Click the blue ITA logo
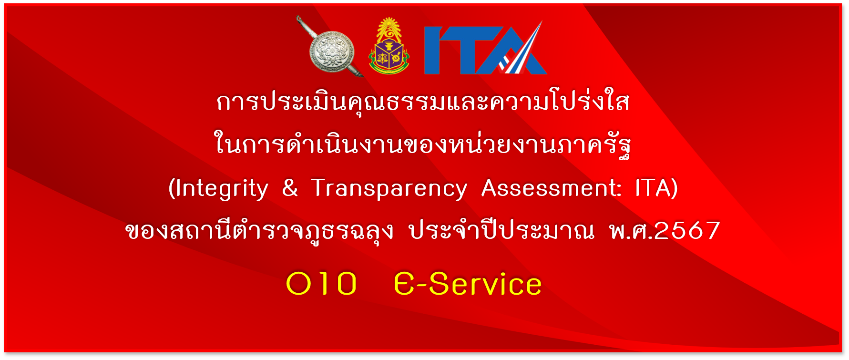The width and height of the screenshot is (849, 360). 485,48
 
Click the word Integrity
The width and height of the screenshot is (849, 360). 222,189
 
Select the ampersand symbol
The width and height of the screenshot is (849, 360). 290,187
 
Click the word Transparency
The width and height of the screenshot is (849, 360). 389,189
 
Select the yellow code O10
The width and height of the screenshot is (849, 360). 321,284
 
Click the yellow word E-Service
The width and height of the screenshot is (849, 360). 468,284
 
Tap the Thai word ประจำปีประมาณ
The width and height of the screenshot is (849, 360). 502,230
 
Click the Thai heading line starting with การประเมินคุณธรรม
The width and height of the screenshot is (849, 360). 423,102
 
